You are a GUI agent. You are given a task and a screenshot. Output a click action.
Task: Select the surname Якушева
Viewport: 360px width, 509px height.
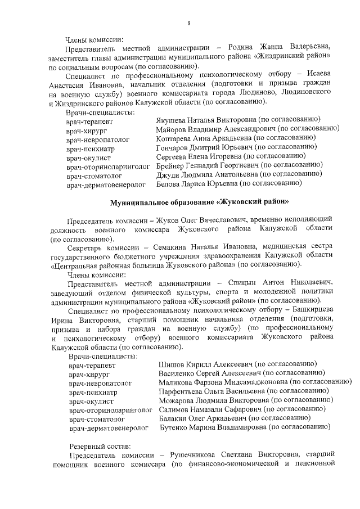[x=172, y=119]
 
